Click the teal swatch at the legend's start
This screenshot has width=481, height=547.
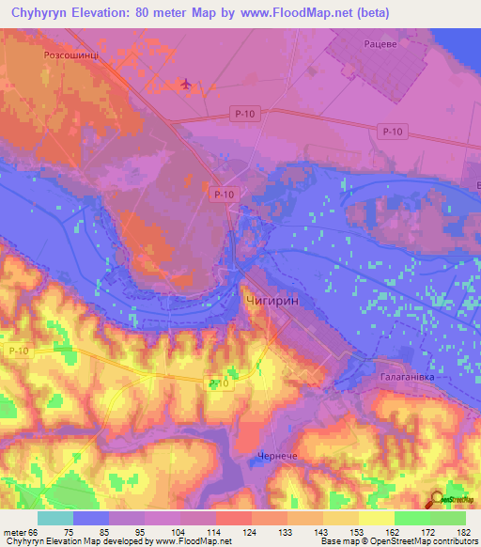55,518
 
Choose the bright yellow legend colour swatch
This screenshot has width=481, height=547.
376,518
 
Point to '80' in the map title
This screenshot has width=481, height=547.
142,13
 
